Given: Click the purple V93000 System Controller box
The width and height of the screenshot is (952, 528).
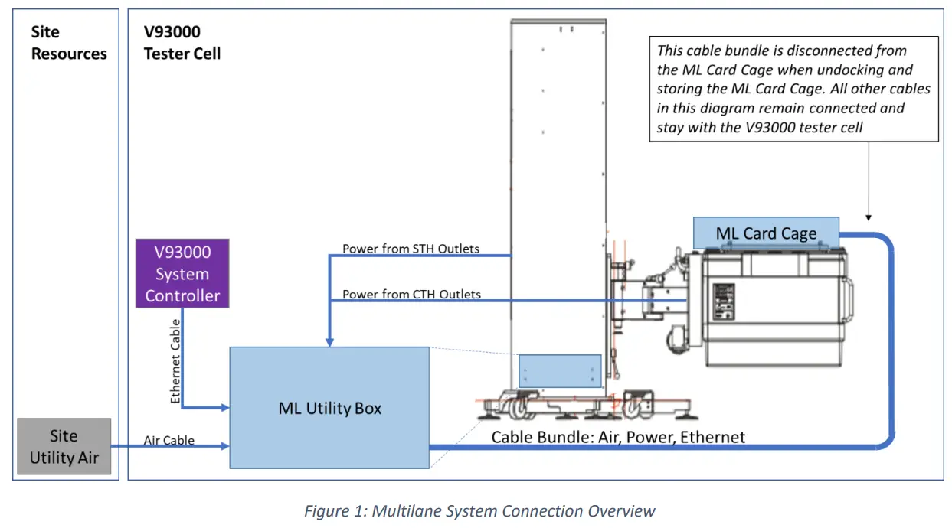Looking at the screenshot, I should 182,274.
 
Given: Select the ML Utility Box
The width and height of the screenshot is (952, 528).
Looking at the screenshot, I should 329,408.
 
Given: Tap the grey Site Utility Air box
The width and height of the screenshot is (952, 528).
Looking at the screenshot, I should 64,446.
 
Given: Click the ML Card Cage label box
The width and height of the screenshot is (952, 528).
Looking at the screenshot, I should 766,233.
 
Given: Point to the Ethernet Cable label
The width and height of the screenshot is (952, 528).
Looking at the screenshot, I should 175,361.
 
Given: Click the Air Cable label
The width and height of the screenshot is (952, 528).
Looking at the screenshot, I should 168,441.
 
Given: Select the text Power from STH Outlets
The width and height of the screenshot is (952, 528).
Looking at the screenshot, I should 411,249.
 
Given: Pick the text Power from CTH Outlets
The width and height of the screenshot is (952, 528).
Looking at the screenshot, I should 411,294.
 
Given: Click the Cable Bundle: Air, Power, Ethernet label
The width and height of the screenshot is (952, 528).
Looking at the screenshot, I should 618,437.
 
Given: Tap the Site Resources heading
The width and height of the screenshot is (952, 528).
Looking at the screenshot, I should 69,43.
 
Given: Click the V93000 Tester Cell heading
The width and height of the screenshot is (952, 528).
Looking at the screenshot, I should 182,43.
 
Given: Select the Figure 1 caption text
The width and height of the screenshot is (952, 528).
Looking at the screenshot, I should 479,511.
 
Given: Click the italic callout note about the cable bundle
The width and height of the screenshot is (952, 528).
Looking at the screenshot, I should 793,89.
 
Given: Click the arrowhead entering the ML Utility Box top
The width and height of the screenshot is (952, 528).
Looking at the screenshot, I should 329,342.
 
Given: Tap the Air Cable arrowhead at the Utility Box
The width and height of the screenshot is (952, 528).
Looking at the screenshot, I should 225,446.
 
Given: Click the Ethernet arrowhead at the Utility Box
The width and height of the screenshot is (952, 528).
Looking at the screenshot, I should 225,408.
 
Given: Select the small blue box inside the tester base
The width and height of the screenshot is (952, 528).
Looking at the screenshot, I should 560,371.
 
